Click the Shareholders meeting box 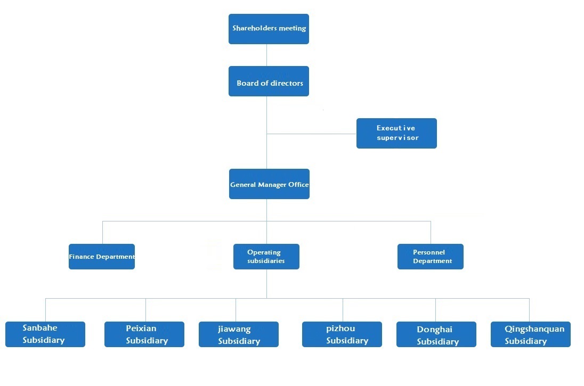[269, 29]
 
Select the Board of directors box [269, 81]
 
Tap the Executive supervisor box [396, 133]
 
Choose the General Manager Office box [269, 184]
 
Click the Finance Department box [102, 257]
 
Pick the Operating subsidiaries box [266, 257]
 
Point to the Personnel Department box [431, 257]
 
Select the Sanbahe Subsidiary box [45, 334]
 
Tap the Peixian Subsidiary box [144, 334]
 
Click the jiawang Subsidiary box [239, 334]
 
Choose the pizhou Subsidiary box [342, 334]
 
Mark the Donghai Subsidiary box [436, 334]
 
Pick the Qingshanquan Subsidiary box [531, 334]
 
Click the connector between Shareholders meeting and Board [267, 55]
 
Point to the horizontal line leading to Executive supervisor [312, 134]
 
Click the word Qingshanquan [534, 329]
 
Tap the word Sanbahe [40, 328]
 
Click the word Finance [82, 257]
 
